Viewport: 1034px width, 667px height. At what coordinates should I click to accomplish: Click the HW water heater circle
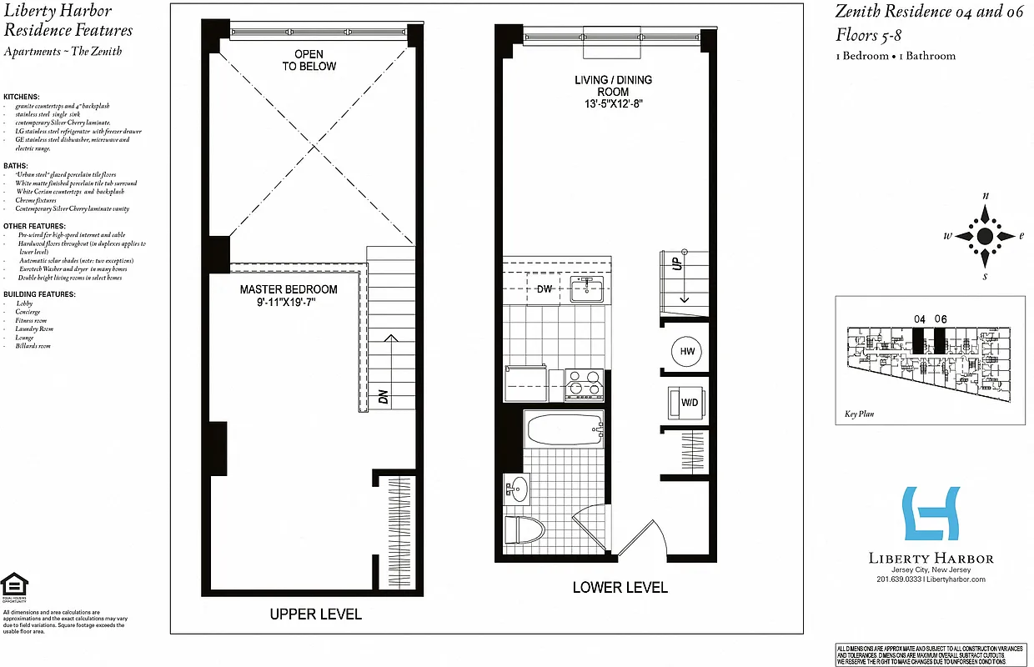click(686, 352)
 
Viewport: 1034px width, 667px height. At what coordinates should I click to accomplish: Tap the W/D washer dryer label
click(690, 404)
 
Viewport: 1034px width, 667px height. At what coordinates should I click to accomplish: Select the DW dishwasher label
click(545, 290)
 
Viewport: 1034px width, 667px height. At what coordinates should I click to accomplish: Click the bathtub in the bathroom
click(564, 430)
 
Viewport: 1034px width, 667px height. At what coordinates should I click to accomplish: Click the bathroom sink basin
click(518, 488)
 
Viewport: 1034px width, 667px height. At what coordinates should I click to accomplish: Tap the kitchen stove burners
click(584, 384)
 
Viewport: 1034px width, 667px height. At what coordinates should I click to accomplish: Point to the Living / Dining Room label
click(613, 92)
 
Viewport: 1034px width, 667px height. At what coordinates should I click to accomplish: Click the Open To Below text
click(309, 60)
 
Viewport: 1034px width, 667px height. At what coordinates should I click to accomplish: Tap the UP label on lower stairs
click(678, 263)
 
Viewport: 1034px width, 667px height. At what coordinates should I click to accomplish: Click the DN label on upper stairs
click(384, 396)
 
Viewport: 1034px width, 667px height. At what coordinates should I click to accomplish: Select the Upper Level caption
click(315, 614)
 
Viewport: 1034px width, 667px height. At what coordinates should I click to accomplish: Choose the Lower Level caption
click(620, 587)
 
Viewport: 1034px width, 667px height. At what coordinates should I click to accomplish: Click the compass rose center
click(985, 236)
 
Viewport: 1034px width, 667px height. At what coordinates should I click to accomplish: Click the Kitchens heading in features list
click(22, 98)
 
